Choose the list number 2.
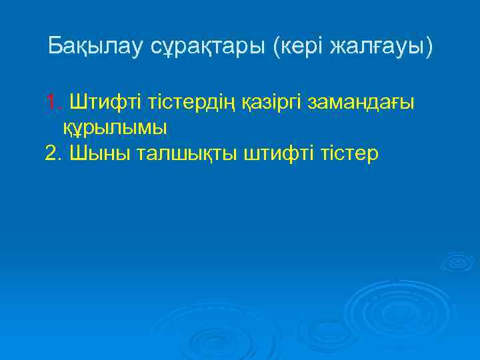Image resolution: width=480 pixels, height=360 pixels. click(53, 154)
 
